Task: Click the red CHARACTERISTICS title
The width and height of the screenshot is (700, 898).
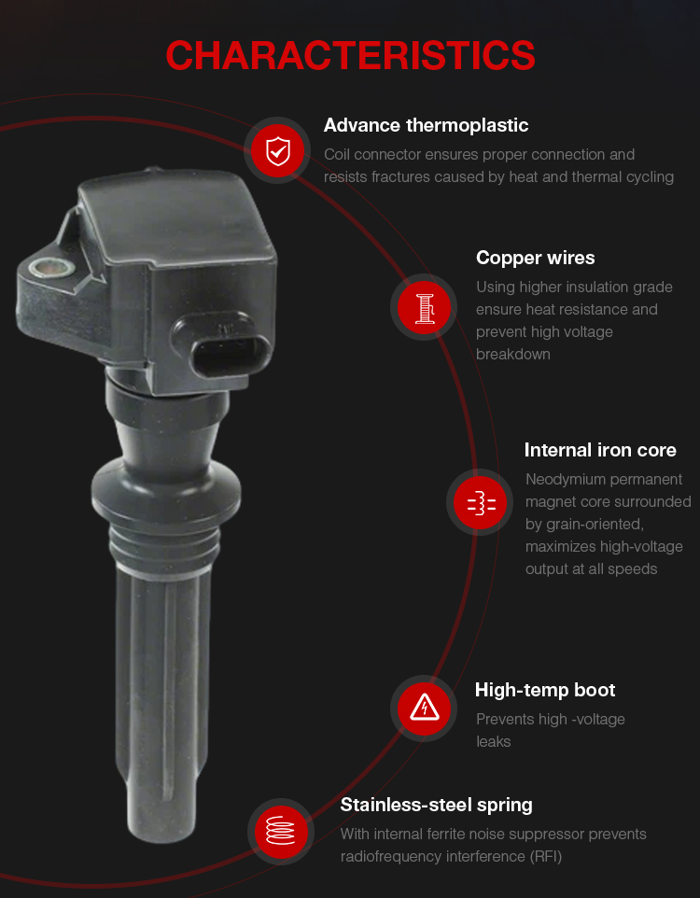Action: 350,56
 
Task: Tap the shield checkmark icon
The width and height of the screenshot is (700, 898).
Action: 278,150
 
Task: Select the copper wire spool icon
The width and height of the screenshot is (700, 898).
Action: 424,307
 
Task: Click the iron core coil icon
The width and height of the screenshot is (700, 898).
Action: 481,502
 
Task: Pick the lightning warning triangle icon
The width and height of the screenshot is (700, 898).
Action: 424,709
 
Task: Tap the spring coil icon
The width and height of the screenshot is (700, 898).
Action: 281,831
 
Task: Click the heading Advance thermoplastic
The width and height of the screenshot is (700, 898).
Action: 426,125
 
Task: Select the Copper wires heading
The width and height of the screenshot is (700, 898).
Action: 535,258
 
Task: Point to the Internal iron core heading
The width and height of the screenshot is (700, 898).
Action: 600,450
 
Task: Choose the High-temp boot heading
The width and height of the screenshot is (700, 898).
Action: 545,690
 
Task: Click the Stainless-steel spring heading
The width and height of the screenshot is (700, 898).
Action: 436,806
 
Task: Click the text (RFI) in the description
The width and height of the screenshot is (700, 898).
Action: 545,857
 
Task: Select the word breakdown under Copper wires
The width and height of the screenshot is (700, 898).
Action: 512,355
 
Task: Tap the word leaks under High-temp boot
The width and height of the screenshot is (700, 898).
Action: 493,742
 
